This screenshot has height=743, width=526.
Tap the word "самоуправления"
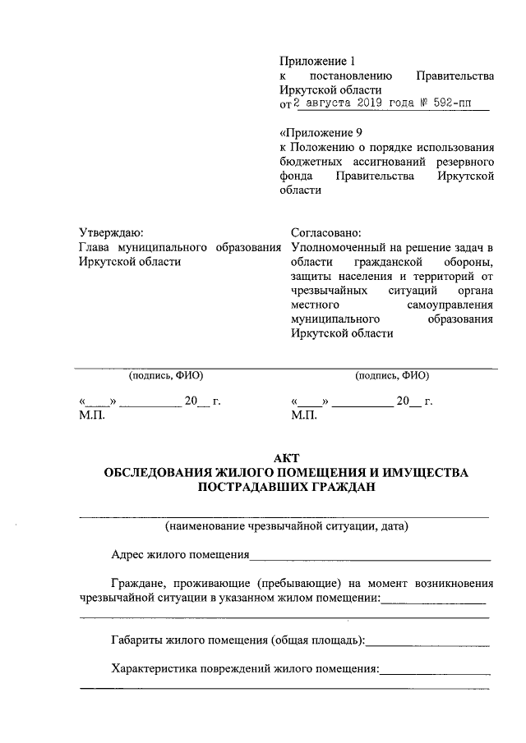[x=450, y=305]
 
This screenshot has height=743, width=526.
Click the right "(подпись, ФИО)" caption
[x=392, y=376]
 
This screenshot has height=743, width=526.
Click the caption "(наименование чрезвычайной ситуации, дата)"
[x=287, y=525]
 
